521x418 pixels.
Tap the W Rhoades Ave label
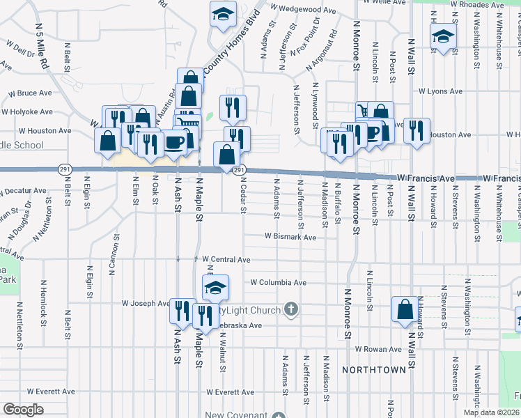point(476,4)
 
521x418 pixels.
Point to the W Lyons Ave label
point(440,91)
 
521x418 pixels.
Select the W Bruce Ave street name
point(30,93)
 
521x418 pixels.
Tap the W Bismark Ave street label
point(290,237)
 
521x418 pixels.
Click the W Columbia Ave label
point(279,283)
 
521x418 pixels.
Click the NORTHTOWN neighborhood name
point(375,369)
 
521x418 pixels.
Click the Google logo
point(24,410)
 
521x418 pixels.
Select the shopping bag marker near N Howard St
point(405,309)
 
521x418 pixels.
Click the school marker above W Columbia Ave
point(216,286)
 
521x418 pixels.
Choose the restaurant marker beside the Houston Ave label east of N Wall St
point(417,130)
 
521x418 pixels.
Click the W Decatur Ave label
point(23,190)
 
